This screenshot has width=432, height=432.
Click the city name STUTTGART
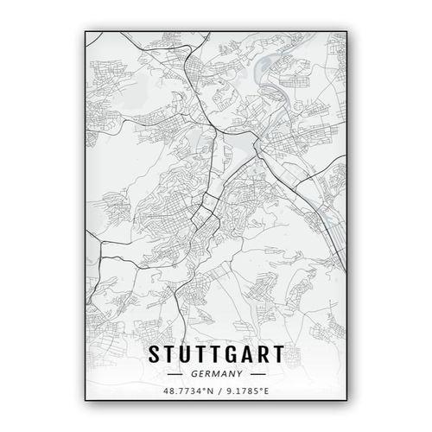(216, 353)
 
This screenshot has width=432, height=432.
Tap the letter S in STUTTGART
(156, 353)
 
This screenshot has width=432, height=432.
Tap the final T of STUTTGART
(277, 353)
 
